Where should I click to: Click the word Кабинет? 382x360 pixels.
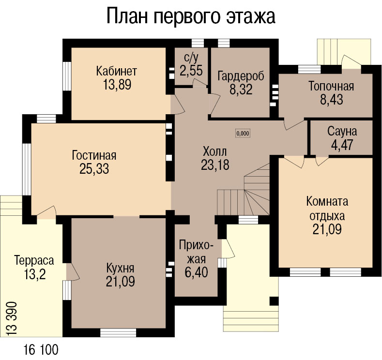point(117,71)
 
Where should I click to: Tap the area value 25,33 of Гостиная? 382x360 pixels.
point(94,169)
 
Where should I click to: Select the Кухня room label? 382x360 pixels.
point(121,269)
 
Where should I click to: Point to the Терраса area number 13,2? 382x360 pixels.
point(35,274)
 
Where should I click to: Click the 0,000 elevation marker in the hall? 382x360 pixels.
point(243,133)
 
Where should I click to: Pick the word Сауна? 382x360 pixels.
point(342,131)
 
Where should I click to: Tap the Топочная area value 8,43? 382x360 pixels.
point(332,100)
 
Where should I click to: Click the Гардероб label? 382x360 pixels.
point(241,76)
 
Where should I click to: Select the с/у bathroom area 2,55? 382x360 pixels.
point(191,71)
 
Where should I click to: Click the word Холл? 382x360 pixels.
point(215,151)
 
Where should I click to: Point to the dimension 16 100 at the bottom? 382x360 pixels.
point(41,349)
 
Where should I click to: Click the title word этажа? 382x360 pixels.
point(251,16)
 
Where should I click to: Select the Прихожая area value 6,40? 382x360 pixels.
point(196,272)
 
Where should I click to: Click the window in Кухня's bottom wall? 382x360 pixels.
point(118,332)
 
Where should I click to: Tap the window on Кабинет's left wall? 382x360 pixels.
point(67,76)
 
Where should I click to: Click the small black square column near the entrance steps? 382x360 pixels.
point(274,301)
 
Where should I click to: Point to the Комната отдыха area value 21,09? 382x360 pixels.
point(327,229)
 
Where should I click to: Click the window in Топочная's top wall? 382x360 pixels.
point(309,69)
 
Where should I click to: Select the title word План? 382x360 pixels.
point(127,16)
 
